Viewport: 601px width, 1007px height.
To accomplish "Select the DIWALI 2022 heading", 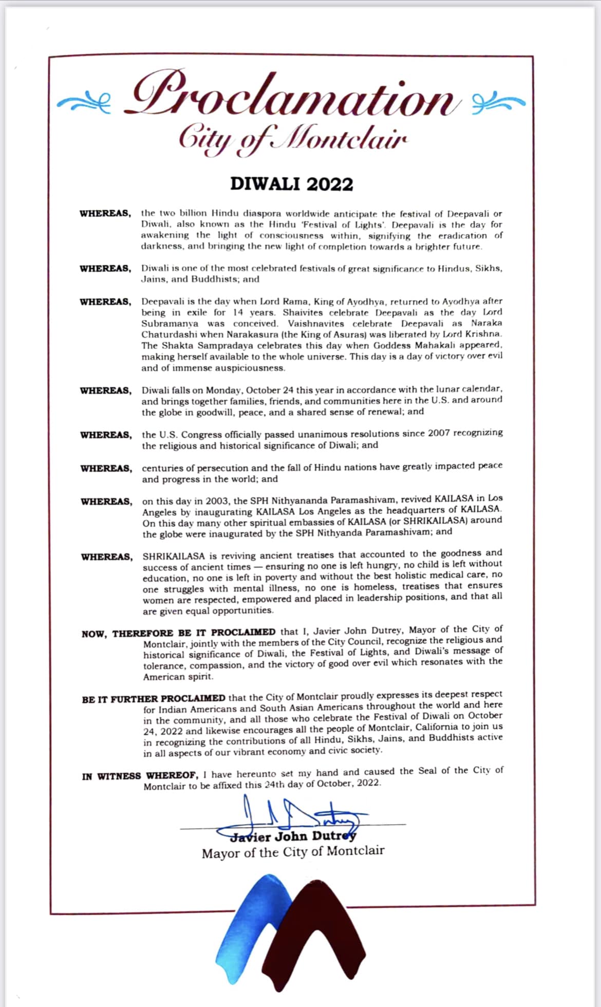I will tap(291, 184).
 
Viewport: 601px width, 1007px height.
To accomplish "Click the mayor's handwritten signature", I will tap(298, 813).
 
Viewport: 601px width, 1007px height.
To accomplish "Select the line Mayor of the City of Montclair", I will tap(293, 852).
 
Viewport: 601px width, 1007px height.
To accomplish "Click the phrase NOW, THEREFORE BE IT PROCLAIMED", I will tap(178, 632).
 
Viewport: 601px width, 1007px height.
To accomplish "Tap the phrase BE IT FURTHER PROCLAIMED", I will tap(154, 699).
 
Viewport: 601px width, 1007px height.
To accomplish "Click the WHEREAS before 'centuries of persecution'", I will tap(106, 469).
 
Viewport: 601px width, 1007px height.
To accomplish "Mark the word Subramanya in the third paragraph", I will tap(170, 324).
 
